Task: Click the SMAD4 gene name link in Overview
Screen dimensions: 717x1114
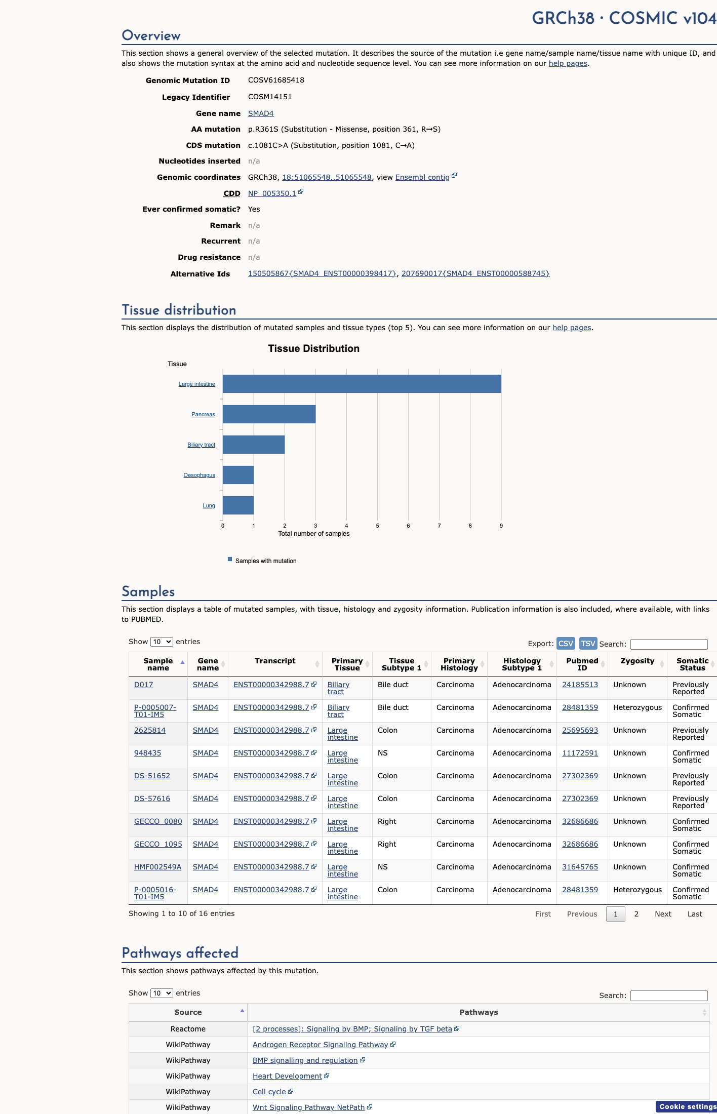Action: pyautogui.click(x=261, y=113)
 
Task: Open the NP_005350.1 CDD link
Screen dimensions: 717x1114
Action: pyautogui.click(x=272, y=193)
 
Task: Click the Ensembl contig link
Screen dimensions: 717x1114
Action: pyautogui.click(x=422, y=177)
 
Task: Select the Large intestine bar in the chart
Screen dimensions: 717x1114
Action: pyautogui.click(x=362, y=384)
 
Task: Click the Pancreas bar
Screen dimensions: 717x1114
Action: pyautogui.click(x=269, y=414)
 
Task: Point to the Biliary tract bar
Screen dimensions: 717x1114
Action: pyautogui.click(x=254, y=445)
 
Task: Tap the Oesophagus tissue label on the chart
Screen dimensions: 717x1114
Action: pyautogui.click(x=200, y=475)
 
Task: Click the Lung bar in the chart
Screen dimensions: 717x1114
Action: pyautogui.click(x=238, y=505)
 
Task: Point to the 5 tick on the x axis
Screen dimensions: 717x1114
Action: pyautogui.click(x=377, y=526)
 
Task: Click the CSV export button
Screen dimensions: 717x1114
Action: pyautogui.click(x=566, y=643)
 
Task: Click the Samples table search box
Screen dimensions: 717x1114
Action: pyautogui.click(x=669, y=644)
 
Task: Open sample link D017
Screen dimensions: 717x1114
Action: pyautogui.click(x=144, y=685)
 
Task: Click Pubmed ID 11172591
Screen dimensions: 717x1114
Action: pyautogui.click(x=580, y=753)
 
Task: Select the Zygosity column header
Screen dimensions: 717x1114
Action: pyautogui.click(x=637, y=661)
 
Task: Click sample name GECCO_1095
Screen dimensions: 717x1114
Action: pyautogui.click(x=158, y=844)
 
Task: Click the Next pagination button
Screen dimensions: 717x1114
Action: pyautogui.click(x=663, y=914)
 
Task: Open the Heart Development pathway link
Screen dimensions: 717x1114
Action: pyautogui.click(x=287, y=1076)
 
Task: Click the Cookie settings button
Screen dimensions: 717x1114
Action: pyautogui.click(x=687, y=1106)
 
